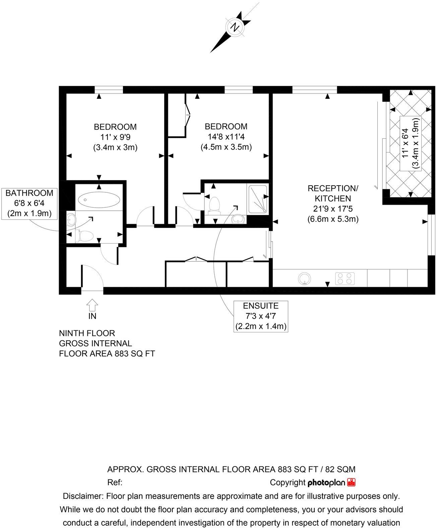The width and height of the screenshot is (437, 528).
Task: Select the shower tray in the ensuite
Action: pyautogui.click(x=258, y=199)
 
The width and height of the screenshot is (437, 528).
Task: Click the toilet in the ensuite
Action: pyautogui.click(x=213, y=205)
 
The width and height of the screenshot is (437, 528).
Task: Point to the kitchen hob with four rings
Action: pyautogui.click(x=345, y=278)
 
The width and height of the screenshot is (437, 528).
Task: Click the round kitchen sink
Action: pyautogui.click(x=305, y=278)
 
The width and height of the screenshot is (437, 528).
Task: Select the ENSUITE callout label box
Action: pyautogui.click(x=261, y=316)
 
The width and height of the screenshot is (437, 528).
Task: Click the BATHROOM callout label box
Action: pyautogui.click(x=29, y=203)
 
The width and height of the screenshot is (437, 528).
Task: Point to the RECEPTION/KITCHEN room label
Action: pyautogui.click(x=333, y=193)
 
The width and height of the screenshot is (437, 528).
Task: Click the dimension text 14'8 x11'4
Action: pyautogui.click(x=226, y=137)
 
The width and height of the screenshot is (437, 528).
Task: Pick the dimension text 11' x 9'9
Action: pyautogui.click(x=115, y=137)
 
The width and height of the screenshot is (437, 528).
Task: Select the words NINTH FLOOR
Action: pyautogui.click(x=87, y=333)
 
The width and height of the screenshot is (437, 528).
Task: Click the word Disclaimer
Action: pyautogui.click(x=83, y=496)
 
